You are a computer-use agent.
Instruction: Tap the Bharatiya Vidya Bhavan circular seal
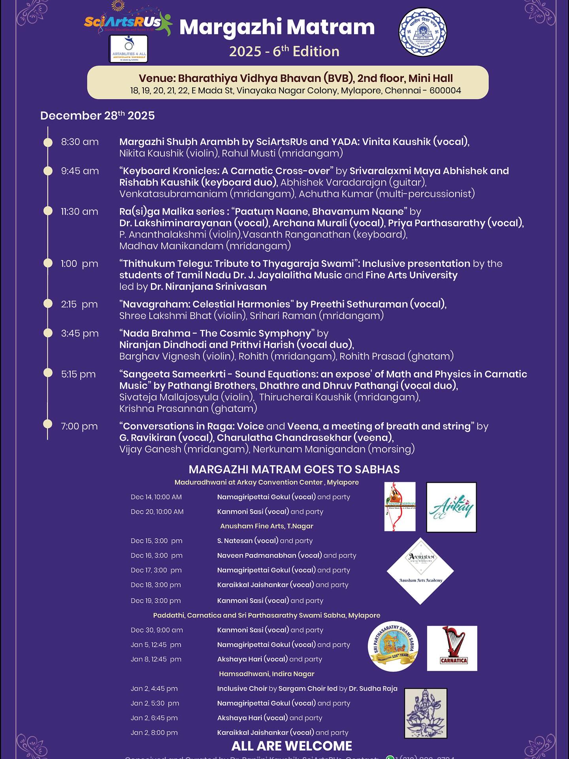(422, 32)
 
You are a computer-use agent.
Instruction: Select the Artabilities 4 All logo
(128, 49)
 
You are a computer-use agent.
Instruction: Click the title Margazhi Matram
(277, 27)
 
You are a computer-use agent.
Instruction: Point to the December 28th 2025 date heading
(97, 115)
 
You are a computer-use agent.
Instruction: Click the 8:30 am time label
(80, 142)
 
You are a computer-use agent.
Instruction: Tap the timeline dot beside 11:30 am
(48, 211)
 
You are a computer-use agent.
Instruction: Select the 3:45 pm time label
(80, 333)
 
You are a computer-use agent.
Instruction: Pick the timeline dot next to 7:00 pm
(48, 424)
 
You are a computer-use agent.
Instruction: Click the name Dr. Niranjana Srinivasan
(208, 287)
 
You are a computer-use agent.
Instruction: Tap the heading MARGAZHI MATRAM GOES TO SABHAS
(294, 469)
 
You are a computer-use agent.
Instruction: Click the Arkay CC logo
(451, 507)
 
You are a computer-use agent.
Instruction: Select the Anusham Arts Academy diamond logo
(420, 571)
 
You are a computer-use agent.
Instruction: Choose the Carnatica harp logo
(452, 648)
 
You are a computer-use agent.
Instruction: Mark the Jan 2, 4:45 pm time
(154, 688)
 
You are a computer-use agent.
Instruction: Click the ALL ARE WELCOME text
(292, 746)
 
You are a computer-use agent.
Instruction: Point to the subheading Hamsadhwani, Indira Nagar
(267, 674)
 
